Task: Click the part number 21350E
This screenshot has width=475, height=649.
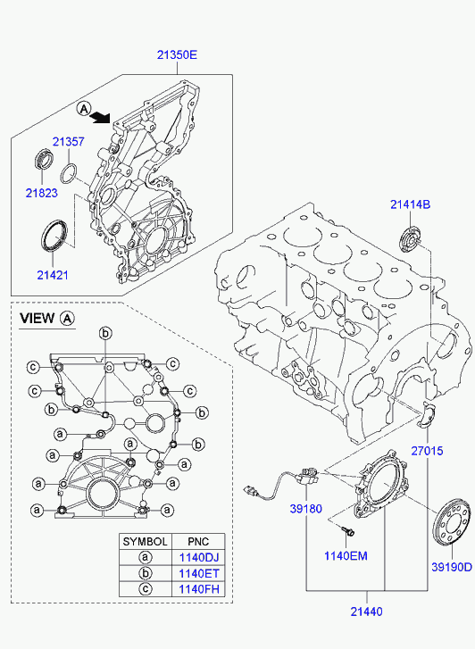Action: (x=177, y=54)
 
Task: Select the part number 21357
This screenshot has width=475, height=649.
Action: (x=69, y=142)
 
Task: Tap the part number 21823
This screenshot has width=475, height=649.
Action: (x=41, y=193)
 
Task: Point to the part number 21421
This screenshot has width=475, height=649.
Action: (x=53, y=275)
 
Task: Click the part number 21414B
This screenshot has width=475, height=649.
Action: (x=411, y=204)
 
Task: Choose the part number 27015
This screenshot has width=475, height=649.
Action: (x=427, y=451)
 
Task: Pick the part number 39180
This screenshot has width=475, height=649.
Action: (x=305, y=509)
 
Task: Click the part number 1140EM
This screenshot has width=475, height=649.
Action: (x=346, y=556)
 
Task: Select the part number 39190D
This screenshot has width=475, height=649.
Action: (x=452, y=567)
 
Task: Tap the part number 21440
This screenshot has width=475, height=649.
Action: (x=366, y=612)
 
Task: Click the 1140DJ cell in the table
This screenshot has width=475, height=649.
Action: (x=198, y=558)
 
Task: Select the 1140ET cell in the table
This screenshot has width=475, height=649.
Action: (x=198, y=573)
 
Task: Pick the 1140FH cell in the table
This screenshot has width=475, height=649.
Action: (x=198, y=589)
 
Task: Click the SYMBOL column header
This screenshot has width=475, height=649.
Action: (x=146, y=542)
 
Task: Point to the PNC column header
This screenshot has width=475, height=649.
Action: (x=198, y=542)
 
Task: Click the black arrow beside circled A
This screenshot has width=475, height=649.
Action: (x=101, y=118)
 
